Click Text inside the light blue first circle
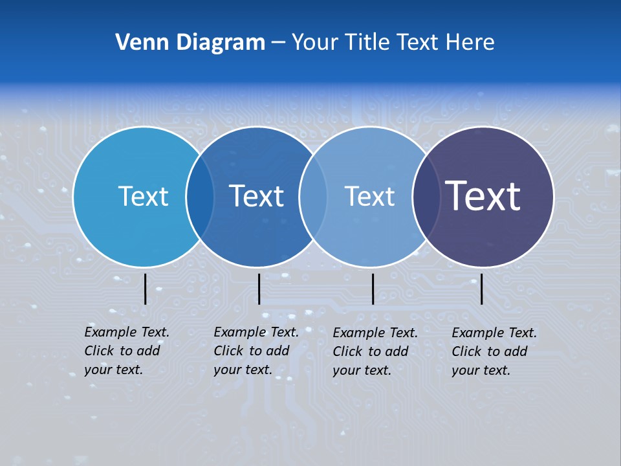tap(143, 196)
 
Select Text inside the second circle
tap(257, 196)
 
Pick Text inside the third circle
tap(369, 196)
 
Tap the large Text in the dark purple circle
tap(483, 196)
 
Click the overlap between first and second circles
tap(200, 197)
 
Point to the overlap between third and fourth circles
tap(426, 197)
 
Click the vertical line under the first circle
tap(145, 289)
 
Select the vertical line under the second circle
tap(259, 289)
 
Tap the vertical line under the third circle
tap(373, 289)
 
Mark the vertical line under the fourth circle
tap(481, 289)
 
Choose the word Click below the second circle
tap(228, 351)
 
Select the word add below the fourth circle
tap(516, 351)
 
